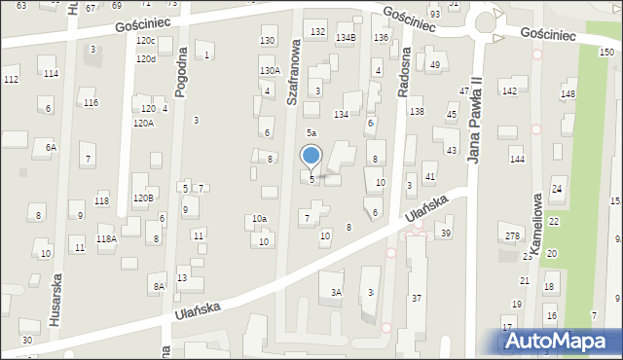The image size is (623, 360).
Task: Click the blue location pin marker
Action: click(311, 157)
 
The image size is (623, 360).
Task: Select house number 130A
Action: click(270, 71)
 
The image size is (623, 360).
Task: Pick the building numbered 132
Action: click(317, 32)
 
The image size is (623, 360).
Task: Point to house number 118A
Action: click(106, 238)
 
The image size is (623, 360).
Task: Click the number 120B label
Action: click(143, 198)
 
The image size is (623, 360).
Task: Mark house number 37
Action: click(417, 297)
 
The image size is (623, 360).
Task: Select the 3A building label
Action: click(337, 292)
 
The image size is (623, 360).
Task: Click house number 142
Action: click(508, 90)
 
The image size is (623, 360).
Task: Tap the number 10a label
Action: click(259, 219)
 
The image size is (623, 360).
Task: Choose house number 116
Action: click(91, 102)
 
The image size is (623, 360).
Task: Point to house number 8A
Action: click(158, 286)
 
